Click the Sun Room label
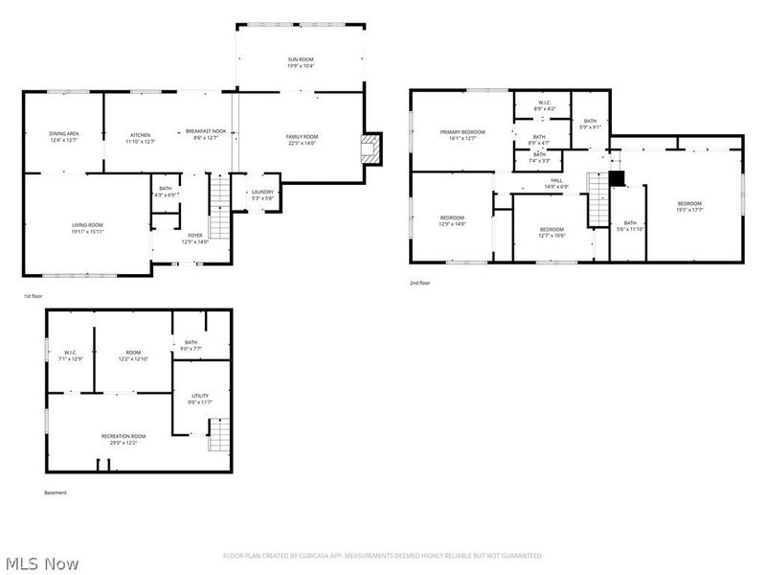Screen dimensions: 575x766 point(301,59)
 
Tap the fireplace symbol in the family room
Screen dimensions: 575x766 point(370,146)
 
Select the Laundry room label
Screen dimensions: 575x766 point(262,192)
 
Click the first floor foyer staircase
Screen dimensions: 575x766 point(220,208)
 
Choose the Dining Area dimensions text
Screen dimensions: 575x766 point(63,141)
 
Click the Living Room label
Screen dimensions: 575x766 point(86,225)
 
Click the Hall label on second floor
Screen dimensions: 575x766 point(556,179)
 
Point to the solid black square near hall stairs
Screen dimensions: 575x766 point(617,178)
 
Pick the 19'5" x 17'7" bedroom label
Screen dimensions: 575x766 point(689,204)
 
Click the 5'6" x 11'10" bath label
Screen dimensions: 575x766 point(629,223)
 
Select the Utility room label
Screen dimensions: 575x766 point(200,395)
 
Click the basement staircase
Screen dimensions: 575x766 point(220,436)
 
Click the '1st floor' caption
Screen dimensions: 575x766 point(34,297)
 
